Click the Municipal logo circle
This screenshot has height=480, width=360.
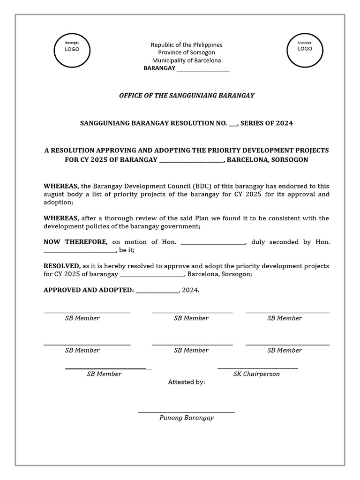305,50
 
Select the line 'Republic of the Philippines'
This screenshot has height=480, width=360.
186,45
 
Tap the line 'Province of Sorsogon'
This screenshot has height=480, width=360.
186,52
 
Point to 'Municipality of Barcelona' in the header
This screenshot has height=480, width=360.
186,60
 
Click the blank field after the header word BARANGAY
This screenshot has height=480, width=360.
202,69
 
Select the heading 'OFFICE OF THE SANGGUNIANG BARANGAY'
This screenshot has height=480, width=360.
187,96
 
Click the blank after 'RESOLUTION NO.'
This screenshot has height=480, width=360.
233,124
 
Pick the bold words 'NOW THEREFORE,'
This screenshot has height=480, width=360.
75,242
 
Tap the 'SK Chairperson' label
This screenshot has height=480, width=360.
256,374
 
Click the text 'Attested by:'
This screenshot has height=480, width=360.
187,382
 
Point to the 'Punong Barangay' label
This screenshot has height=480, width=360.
187,418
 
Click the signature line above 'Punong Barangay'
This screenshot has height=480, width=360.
187,412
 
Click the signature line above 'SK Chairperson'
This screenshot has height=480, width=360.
257,368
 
